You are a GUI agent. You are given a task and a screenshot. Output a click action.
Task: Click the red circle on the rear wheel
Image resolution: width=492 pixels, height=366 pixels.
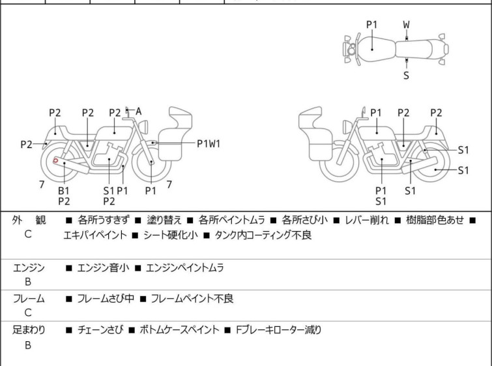click(55, 160)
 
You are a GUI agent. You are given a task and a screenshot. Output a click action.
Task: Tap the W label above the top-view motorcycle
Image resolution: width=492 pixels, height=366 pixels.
click(406, 24)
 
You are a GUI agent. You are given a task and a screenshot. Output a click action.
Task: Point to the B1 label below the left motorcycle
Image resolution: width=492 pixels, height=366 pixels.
click(63, 190)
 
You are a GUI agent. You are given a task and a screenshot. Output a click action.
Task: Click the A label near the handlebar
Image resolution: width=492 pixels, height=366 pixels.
click(139, 112)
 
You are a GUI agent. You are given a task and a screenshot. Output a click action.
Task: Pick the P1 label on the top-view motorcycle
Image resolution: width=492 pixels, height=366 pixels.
click(371, 24)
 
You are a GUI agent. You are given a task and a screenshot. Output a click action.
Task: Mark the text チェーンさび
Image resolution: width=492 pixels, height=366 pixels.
click(97, 330)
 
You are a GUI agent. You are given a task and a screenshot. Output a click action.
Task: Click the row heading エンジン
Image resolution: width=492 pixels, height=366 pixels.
click(29, 267)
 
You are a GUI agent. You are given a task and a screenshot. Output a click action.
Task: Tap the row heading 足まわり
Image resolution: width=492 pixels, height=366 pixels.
click(29, 330)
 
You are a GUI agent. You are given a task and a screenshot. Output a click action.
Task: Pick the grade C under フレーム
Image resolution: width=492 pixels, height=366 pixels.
click(28, 313)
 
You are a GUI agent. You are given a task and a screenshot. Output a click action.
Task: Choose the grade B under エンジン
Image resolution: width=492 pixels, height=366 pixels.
click(28, 281)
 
